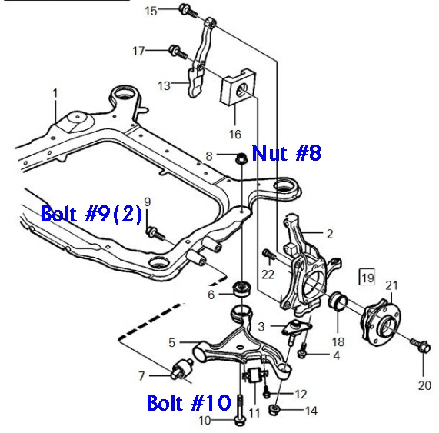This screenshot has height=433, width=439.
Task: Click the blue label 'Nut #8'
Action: point(286,153)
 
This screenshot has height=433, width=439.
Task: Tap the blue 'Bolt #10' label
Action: point(188,401)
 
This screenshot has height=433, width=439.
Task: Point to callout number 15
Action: point(151,10)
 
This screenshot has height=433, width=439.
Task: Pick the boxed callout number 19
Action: point(367,277)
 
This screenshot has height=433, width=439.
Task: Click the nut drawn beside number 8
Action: point(240,159)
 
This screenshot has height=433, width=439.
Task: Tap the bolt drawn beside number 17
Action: point(177,52)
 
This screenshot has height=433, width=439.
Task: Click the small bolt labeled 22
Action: point(268,254)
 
